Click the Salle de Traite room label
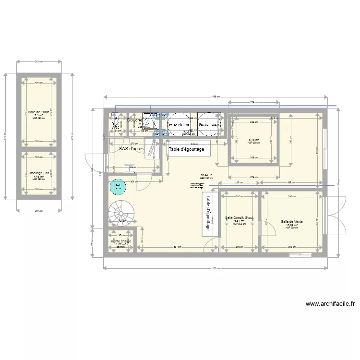[x=39, y=112]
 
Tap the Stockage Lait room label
[x=39, y=173]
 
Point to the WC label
[x=115, y=127]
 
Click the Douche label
[x=135, y=120]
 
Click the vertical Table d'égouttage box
[x=208, y=213]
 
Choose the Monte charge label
[x=121, y=241]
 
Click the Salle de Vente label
[x=291, y=221]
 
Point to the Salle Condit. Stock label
[x=240, y=218]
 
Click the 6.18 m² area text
[x=254, y=140]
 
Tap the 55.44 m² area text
[x=206, y=175]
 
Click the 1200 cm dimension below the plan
[x=215, y=268]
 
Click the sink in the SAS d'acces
[x=130, y=168]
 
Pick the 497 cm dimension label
[x=177, y=247]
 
